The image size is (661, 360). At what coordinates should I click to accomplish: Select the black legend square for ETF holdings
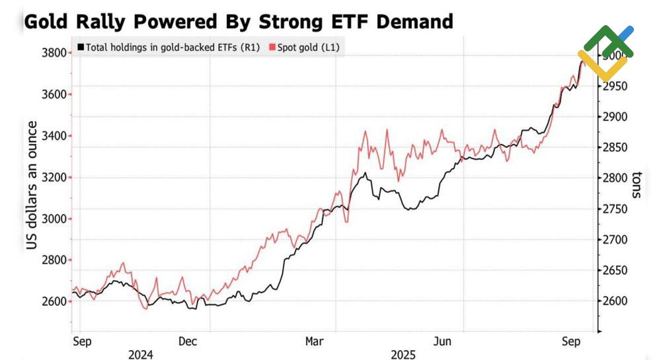pyautogui.click(x=81, y=48)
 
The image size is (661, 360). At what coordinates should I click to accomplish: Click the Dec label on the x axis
pyautogui.click(x=188, y=342)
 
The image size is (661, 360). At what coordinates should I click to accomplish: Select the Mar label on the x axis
pyautogui.click(x=314, y=342)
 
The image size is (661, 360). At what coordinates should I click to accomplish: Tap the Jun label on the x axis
pyautogui.click(x=442, y=342)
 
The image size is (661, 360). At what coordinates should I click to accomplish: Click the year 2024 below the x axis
pyautogui.click(x=140, y=355)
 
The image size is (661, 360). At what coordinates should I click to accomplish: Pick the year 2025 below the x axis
pyautogui.click(x=403, y=355)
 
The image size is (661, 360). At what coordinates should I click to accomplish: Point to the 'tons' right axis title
pyautogui.click(x=636, y=185)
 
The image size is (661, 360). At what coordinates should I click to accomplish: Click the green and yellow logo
pyautogui.click(x=605, y=53)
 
